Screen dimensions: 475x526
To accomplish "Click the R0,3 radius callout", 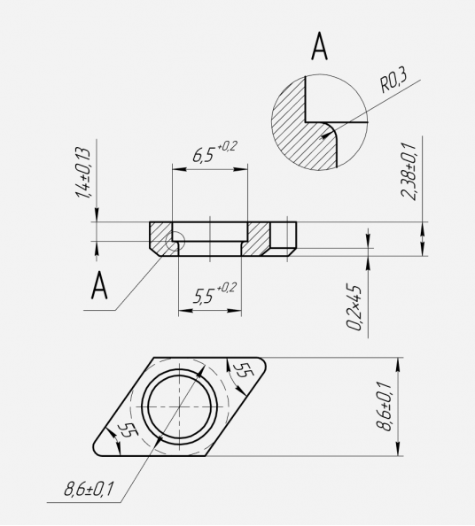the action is pyautogui.click(x=393, y=80).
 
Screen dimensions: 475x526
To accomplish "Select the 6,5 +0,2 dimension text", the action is pyautogui.click(x=214, y=152).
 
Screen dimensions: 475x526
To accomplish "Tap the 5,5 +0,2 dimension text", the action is pyautogui.click(x=214, y=293).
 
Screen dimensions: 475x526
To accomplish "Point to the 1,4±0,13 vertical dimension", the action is pyautogui.click(x=83, y=173).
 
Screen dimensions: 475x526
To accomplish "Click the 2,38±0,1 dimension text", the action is pyautogui.click(x=409, y=171).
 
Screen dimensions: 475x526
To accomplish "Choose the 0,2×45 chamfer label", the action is pyautogui.click(x=354, y=307).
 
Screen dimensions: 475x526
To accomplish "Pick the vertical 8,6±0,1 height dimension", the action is pyautogui.click(x=384, y=406).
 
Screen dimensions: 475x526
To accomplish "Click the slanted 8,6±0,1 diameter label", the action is pyautogui.click(x=89, y=489).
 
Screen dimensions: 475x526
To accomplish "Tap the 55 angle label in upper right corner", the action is pyautogui.click(x=244, y=371).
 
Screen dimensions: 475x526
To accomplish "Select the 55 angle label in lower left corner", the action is pyautogui.click(x=127, y=431).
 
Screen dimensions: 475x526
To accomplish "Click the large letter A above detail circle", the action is pyautogui.click(x=319, y=46).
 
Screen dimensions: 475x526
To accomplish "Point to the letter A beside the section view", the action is pyautogui.click(x=99, y=285).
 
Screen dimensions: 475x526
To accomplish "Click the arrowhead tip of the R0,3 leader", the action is pyautogui.click(x=321, y=137).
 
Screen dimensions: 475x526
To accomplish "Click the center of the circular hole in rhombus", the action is pyautogui.click(x=180, y=406).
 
